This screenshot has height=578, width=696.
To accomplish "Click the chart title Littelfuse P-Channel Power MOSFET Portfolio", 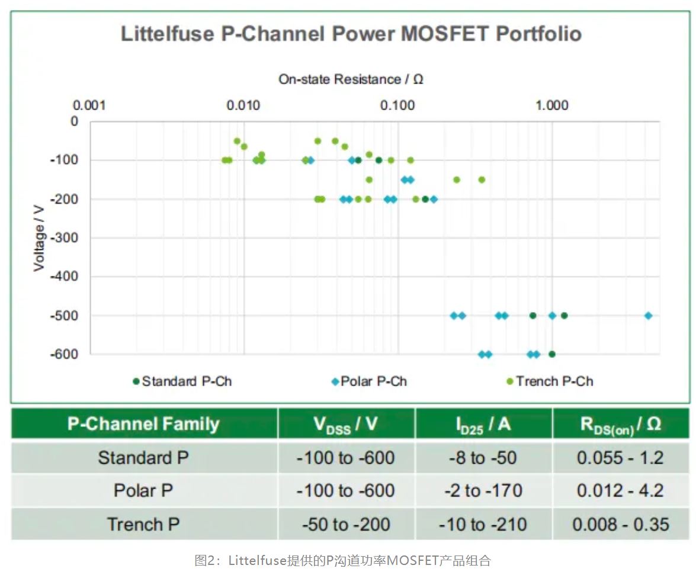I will [x=351, y=34].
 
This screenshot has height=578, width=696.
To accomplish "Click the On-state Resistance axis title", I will [x=351, y=79].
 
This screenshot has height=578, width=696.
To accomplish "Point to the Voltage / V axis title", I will [x=39, y=237].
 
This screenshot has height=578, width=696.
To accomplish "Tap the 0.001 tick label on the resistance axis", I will [x=89, y=105].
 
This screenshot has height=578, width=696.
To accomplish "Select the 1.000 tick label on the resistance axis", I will [x=551, y=105].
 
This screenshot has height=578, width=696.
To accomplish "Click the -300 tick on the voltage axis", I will [x=65, y=237].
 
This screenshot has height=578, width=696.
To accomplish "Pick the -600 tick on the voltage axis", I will [x=65, y=354].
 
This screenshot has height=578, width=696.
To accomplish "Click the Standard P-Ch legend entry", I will [x=182, y=381].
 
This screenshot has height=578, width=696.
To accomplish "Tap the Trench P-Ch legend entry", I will [x=549, y=381].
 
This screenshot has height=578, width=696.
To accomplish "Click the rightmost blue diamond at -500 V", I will [x=648, y=316].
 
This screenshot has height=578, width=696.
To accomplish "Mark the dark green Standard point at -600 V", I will [x=552, y=354].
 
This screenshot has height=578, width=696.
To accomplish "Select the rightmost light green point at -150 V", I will [x=482, y=179].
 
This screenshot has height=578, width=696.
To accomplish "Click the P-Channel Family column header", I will [x=143, y=424].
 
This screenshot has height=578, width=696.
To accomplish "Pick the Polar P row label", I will [x=143, y=491].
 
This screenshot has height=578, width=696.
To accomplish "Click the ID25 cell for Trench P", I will [x=483, y=525].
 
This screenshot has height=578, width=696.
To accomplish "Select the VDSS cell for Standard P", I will [x=346, y=458].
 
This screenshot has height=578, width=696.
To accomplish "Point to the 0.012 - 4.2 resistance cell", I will [x=620, y=491].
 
